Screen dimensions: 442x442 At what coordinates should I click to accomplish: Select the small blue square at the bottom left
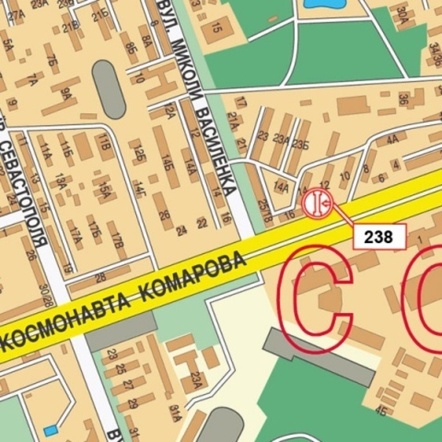click(x=51, y=430)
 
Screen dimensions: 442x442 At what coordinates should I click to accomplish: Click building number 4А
click(x=391, y=139)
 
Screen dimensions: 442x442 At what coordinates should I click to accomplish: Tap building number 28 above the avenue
click(x=100, y=277)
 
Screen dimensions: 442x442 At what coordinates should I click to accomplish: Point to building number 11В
click(x=104, y=143)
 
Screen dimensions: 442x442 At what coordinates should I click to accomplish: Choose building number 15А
click(x=104, y=189)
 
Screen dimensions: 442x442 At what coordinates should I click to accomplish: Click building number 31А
click(x=176, y=411)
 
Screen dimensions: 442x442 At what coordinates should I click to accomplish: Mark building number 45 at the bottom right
click(x=381, y=411)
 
